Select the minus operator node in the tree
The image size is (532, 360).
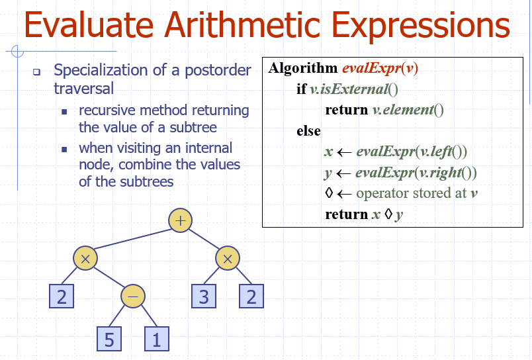[x=132, y=296]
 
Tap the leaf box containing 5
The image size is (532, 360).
[x=109, y=339]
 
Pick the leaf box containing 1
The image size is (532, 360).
[x=157, y=339]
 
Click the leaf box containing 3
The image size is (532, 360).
[x=204, y=296]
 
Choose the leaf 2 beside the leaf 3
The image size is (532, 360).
[x=251, y=296]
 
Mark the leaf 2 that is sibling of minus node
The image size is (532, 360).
[x=62, y=296]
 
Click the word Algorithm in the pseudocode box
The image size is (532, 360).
[x=303, y=69]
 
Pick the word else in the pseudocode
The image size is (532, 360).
[x=308, y=131]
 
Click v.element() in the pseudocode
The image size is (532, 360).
[x=404, y=111]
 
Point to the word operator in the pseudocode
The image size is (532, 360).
[x=383, y=193]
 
